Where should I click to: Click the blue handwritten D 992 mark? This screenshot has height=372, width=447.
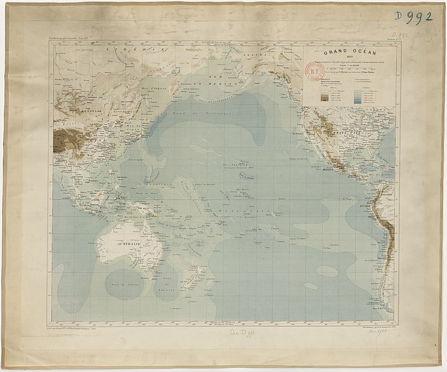click(x=413, y=16)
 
